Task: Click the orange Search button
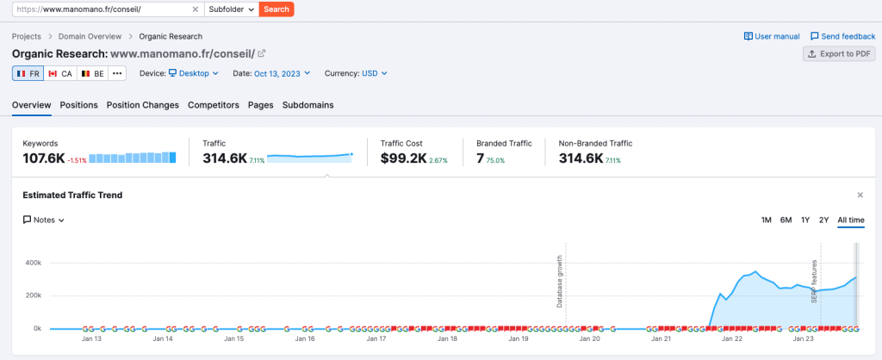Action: [x=276, y=9]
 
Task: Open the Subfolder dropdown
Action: [x=232, y=9]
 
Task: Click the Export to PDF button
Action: [x=838, y=53]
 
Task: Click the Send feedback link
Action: [x=842, y=36]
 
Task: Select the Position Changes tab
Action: [x=142, y=105]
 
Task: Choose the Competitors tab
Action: [x=213, y=105]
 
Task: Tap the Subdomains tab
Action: [x=307, y=105]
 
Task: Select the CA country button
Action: [x=60, y=73]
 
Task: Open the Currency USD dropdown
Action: [x=374, y=73]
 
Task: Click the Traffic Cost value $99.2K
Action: [x=404, y=158]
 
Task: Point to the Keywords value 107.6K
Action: [x=44, y=158]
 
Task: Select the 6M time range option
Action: [x=786, y=220]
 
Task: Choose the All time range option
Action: [x=850, y=220]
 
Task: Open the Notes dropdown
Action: [x=44, y=220]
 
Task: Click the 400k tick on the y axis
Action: [x=32, y=262]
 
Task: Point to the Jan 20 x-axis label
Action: [x=589, y=339]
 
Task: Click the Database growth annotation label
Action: [x=559, y=281]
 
